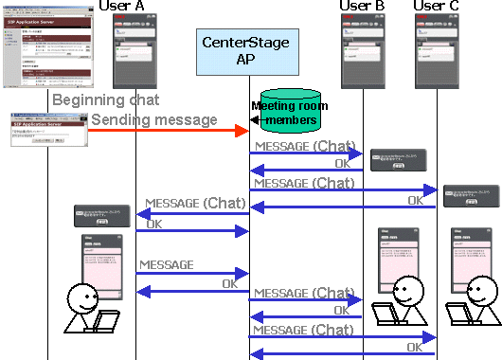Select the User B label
coord(363,8)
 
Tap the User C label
coord(437,8)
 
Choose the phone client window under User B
coord(363,55)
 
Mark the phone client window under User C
coord(437,55)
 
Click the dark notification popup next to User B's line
coord(397,159)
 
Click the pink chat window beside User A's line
coord(101,261)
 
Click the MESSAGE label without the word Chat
coord(167,265)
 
